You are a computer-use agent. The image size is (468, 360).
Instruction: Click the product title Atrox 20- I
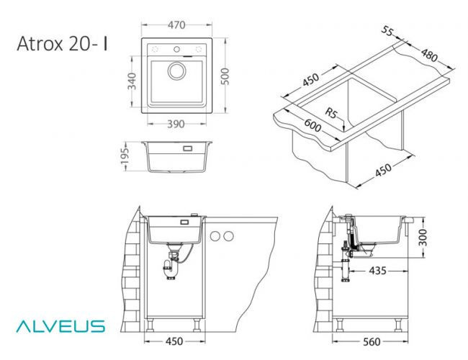63,44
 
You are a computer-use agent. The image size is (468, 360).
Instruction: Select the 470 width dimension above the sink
176,25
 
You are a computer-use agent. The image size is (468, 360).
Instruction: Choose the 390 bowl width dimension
176,124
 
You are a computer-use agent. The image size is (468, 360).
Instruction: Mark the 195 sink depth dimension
125,157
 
